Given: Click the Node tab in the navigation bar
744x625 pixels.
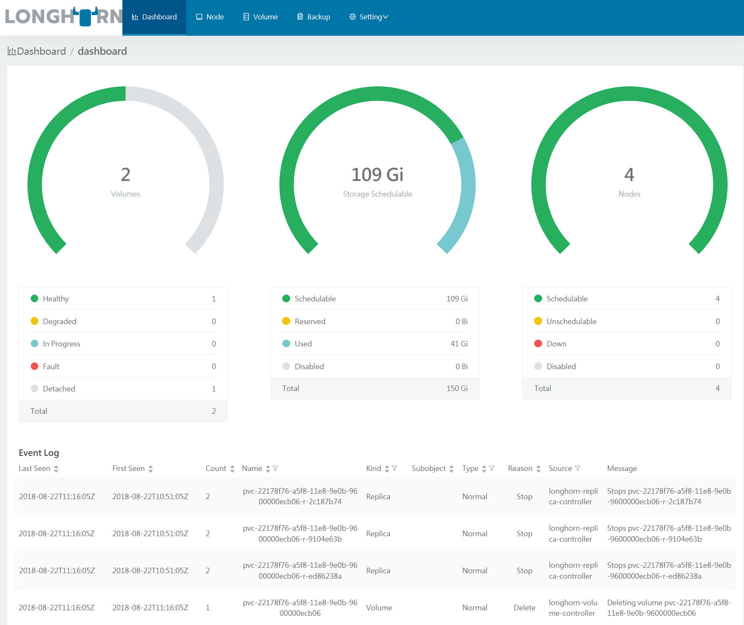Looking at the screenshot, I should click(x=210, y=17).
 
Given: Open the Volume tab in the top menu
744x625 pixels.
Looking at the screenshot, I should click(x=260, y=17).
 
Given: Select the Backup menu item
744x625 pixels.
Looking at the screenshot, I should click(x=313, y=17).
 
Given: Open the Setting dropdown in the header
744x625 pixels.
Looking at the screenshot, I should click(x=368, y=17).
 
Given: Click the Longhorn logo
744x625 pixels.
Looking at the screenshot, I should click(x=63, y=17).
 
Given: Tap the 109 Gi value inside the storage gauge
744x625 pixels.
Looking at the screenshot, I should click(x=377, y=175).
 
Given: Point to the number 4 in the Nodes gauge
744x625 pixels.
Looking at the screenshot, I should click(x=629, y=175).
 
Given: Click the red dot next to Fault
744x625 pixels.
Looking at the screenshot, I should click(x=34, y=366).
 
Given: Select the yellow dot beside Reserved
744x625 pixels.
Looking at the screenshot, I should click(x=286, y=321).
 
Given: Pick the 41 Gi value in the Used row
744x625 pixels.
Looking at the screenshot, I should click(x=459, y=344).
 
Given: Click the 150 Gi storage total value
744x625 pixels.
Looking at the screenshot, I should click(x=457, y=388).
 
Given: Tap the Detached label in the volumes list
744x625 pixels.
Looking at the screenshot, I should click(x=59, y=389).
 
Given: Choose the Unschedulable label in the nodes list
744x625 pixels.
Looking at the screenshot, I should click(x=571, y=322).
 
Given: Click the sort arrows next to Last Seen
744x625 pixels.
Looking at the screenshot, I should click(x=56, y=469).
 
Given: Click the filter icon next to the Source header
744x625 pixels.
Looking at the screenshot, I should click(x=578, y=468).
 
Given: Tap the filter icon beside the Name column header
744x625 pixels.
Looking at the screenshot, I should click(x=275, y=468).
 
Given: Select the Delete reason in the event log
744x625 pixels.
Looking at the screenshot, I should click(x=524, y=608).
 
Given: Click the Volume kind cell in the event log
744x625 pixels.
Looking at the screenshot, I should click(x=379, y=608).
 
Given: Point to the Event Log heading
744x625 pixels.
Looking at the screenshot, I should click(x=39, y=453).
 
